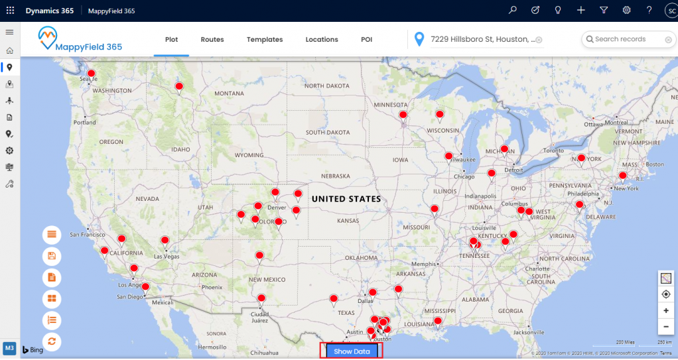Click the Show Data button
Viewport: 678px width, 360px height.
[x=352, y=351]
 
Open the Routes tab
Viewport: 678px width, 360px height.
[x=212, y=40]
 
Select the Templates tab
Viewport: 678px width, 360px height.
[x=265, y=40]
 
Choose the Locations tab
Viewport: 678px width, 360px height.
[x=322, y=40]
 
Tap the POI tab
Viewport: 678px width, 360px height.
[x=367, y=40]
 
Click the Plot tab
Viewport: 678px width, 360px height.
[x=172, y=40]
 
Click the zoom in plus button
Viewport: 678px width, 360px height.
[x=665, y=310]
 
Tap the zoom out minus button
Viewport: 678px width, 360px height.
[x=665, y=326]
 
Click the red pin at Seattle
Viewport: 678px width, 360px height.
[x=92, y=74]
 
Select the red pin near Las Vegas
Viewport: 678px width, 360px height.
[x=165, y=241]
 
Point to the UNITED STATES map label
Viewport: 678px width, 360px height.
[x=346, y=199]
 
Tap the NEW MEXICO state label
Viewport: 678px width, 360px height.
[x=267, y=280]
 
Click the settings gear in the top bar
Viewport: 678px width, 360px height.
[x=626, y=11]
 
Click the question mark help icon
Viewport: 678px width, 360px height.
[x=649, y=11]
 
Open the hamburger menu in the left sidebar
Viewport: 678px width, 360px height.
[x=9, y=32]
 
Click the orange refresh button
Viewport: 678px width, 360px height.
[x=52, y=341]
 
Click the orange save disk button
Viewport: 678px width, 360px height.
[x=52, y=256]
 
